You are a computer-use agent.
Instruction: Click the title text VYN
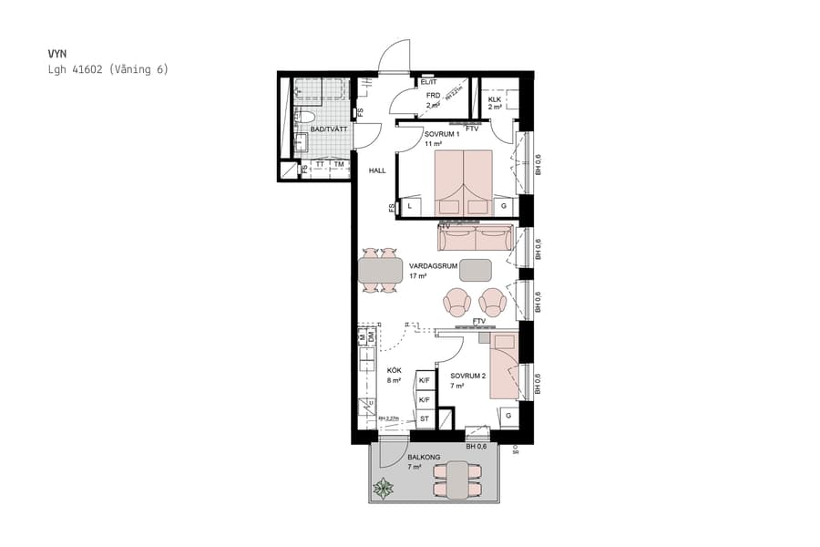pos(56,54)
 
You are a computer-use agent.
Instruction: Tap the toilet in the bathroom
pos(308,117)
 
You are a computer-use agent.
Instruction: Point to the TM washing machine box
pos(338,165)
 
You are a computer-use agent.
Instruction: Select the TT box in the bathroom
pos(320,165)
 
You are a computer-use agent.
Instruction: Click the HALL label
pos(378,170)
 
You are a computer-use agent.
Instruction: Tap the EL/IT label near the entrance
pos(429,83)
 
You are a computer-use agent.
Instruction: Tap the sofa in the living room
pos(475,239)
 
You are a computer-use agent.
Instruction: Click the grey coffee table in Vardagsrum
pos(476,270)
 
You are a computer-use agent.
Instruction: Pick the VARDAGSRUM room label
pos(434,266)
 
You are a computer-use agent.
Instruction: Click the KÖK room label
pos(394,370)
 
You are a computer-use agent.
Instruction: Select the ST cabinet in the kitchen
pos(424,418)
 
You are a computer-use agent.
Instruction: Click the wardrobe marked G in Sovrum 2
pos(507,417)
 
